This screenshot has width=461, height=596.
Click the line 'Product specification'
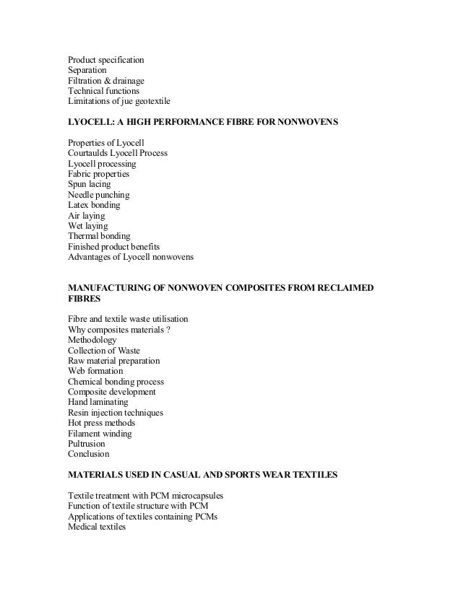tap(105, 59)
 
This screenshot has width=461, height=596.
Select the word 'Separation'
tap(87, 70)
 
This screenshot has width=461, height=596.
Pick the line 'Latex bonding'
tap(94, 206)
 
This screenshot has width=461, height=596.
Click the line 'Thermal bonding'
tap(99, 236)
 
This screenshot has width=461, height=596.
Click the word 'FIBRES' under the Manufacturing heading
tap(84, 299)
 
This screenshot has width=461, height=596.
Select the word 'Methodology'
tap(92, 340)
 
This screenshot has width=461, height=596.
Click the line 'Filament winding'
tap(100, 434)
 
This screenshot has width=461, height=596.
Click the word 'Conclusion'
tap(89, 455)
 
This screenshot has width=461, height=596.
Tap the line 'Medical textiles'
tap(96, 527)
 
